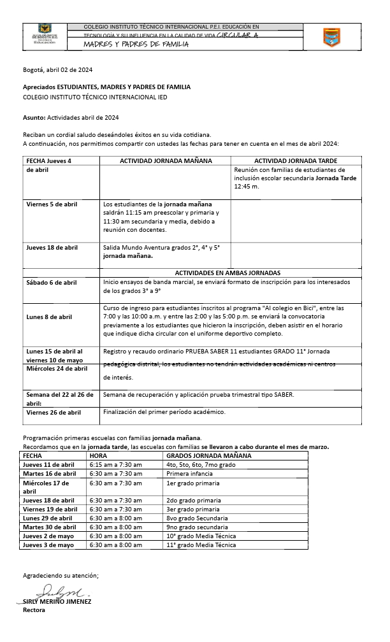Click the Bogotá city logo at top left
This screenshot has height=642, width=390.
44,35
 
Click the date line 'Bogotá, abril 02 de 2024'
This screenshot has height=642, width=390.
58,69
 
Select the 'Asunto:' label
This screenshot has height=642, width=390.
34,118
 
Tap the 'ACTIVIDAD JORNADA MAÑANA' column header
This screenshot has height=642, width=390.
166,161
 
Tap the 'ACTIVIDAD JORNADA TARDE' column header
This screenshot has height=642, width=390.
296,161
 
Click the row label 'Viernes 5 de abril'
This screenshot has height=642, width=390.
52,204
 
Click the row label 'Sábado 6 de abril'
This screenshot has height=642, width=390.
52,282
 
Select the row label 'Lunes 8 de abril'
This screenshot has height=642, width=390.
49,317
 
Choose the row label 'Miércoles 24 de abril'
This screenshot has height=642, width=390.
57,368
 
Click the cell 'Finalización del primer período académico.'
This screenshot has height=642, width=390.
164,412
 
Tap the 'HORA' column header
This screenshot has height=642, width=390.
98,456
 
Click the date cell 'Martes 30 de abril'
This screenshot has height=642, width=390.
50,527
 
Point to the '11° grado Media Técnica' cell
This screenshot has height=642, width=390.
201,545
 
